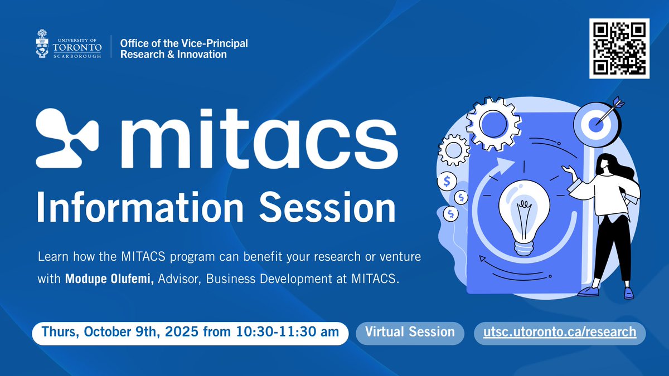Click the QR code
pyautogui.click(x=619, y=48)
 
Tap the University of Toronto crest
pyautogui.click(x=42, y=43)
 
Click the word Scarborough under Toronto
pyautogui.click(x=77, y=56)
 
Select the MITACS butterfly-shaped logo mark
pyautogui.click(x=67, y=138)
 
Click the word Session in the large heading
pyautogui.click(x=327, y=207)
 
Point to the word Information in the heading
pyautogui.click(x=140, y=207)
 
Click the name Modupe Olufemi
pyautogui.click(x=109, y=279)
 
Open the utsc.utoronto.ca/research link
pyautogui.click(x=560, y=332)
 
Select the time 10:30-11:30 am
pyautogui.click(x=287, y=331)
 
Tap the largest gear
pyautogui.click(x=493, y=124)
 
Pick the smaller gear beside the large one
pyautogui.click(x=453, y=150)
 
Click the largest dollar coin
pyautogui.click(x=447, y=181)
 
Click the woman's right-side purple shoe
pyautogui.click(x=628, y=293)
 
